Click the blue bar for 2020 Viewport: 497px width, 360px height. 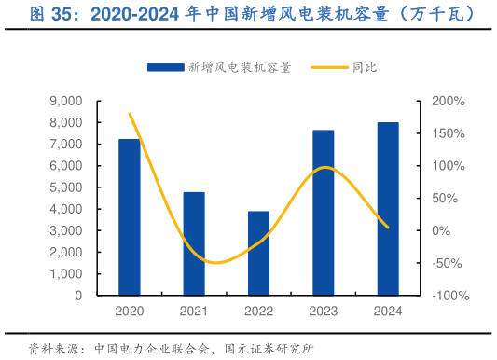[129, 216]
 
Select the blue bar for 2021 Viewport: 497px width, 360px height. [194, 243]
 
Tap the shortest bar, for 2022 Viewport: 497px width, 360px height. [258, 253]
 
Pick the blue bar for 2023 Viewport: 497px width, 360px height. [324, 213]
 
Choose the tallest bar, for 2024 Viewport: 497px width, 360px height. [388, 209]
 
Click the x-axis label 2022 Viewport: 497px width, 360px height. [258, 311]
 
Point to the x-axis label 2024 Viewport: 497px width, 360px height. [388, 311]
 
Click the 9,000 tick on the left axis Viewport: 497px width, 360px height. [65, 101]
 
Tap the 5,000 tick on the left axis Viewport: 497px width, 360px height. [65, 187]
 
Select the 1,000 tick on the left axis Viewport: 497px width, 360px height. [65, 274]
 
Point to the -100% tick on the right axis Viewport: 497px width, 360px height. [449, 296]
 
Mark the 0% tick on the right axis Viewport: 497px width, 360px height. [443, 230]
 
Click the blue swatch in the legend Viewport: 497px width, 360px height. [165, 67]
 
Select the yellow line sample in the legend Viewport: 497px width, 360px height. [326, 67]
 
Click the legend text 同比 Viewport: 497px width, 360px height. [365, 67]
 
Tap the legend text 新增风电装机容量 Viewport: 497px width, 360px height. [240, 67]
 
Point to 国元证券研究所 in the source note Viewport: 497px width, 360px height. [270, 349]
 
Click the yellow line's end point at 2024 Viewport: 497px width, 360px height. [388, 228]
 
